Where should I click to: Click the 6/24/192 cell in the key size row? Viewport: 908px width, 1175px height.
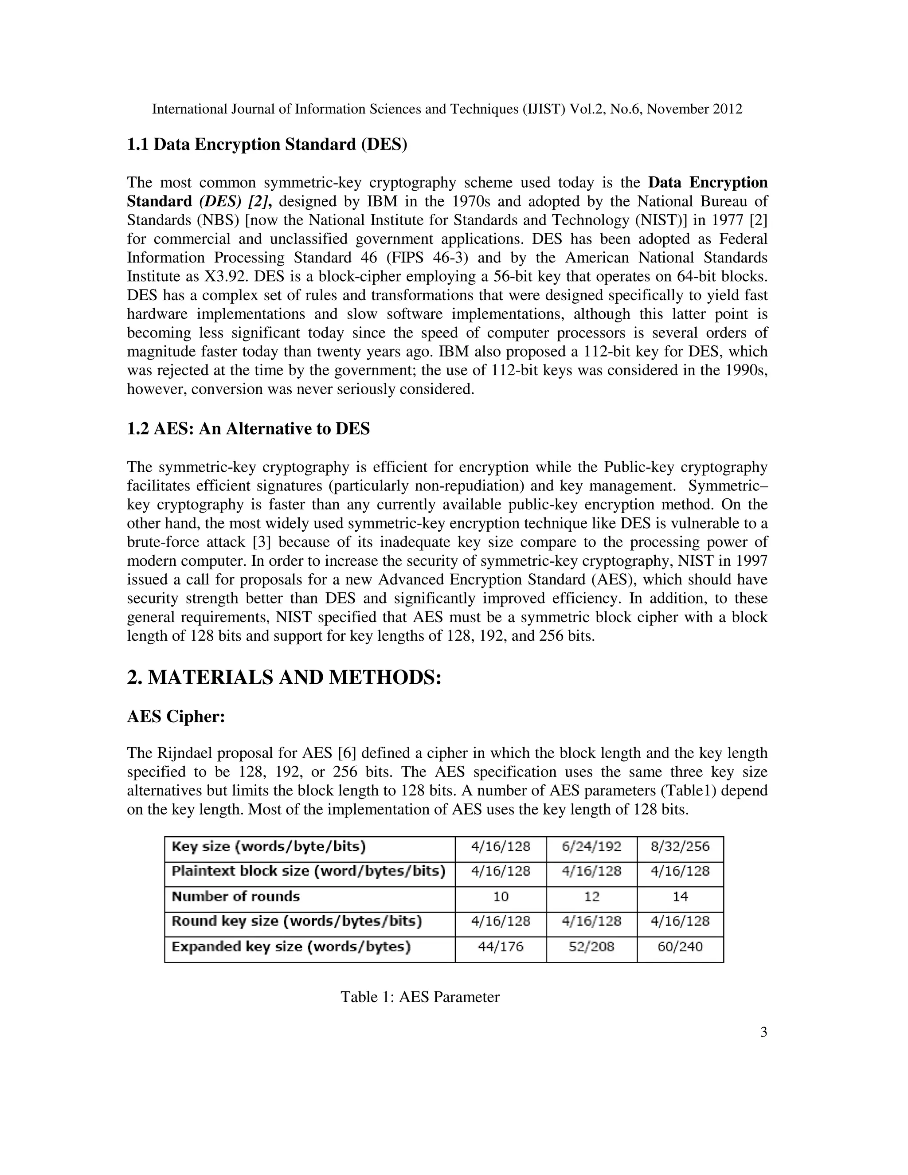tap(591, 846)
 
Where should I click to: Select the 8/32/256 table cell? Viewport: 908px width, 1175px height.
tap(680, 846)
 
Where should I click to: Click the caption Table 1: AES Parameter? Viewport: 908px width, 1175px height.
tap(419, 997)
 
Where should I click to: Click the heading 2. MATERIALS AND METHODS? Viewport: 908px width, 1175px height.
tap(284, 678)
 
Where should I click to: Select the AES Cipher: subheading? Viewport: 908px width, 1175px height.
tap(176, 717)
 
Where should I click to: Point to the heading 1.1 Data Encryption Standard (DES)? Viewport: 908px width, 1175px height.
tap(267, 145)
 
